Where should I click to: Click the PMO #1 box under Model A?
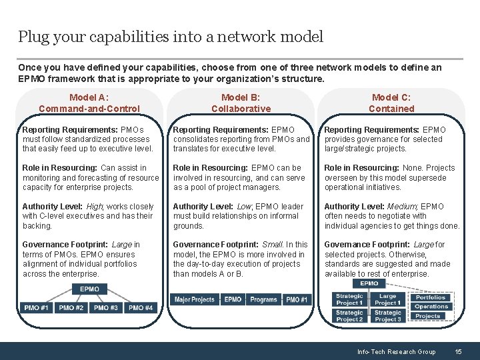36,308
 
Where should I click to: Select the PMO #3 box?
105,308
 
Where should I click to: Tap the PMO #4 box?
141,308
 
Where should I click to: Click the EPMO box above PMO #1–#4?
89,289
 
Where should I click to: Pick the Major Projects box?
194,300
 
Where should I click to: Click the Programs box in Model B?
263,300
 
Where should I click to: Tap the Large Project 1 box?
387,299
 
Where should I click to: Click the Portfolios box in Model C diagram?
431,297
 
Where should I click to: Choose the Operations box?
431,307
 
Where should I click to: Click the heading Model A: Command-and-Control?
89,103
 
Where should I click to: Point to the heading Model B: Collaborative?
241,103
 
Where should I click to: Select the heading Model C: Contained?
391,103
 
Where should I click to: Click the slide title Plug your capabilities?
171,37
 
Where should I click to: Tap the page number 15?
458,351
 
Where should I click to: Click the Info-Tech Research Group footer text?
396,351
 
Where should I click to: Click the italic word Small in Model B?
273,245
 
